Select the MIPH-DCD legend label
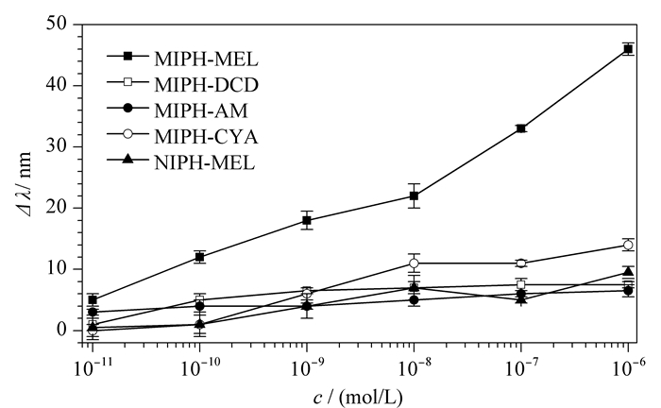click(x=206, y=85)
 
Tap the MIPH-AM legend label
click(x=201, y=110)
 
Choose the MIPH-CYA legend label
click(x=206, y=137)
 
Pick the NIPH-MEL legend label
click(x=205, y=162)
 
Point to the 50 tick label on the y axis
click(x=57, y=24)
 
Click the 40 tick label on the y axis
click(x=57, y=85)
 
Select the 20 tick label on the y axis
click(x=57, y=208)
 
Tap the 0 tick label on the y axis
click(x=63, y=330)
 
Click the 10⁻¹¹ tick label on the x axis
click(x=92, y=368)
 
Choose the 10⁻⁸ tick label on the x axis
click(x=414, y=368)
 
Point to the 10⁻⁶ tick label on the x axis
click(x=628, y=368)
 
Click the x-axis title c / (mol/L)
click(x=358, y=397)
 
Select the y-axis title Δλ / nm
click(x=25, y=184)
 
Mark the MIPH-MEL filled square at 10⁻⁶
click(x=628, y=49)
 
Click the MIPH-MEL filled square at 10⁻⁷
click(x=521, y=128)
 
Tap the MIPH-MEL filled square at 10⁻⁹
click(x=307, y=220)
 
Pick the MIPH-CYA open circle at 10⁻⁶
click(x=628, y=245)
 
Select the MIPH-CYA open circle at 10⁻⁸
click(x=414, y=263)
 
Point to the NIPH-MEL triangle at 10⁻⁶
click(x=628, y=271)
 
